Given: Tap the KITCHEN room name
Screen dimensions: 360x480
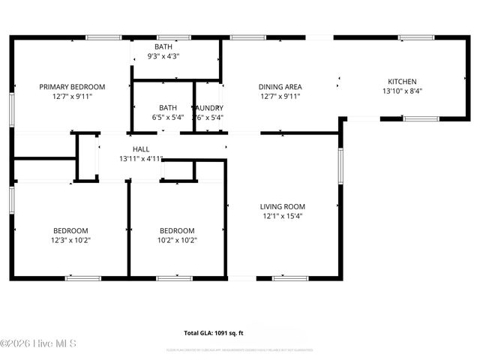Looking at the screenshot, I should [x=402, y=82].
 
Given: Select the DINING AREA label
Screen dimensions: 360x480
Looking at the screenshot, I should [x=280, y=87].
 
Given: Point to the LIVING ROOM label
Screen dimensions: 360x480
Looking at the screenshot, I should [x=282, y=207].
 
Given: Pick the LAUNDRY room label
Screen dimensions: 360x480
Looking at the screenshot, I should [x=208, y=108].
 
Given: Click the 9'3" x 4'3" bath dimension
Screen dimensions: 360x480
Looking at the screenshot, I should [x=163, y=56].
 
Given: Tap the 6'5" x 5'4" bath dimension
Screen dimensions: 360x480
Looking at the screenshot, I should [x=167, y=117].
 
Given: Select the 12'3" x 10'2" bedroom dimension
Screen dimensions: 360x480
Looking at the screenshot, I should [x=70, y=240].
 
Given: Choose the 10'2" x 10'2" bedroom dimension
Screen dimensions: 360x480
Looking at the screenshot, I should [x=177, y=240].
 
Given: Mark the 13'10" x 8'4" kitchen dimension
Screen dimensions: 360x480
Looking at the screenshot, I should [x=402, y=91].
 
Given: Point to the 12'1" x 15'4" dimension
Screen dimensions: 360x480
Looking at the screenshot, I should [x=282, y=216].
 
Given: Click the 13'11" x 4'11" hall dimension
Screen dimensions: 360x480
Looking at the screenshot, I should [x=141, y=159].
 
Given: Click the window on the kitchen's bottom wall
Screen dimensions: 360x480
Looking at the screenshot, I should [x=420, y=118].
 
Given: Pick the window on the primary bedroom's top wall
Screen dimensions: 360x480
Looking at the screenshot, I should [x=103, y=37].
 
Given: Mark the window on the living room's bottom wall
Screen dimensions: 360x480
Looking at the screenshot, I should [x=289, y=278].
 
